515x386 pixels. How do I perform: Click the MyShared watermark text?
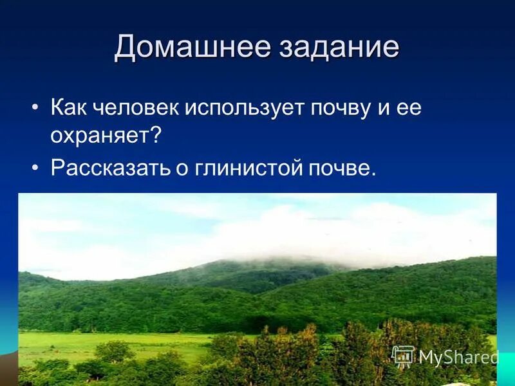(x=458, y=357)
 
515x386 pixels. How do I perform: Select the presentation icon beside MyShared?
(x=403, y=356)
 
